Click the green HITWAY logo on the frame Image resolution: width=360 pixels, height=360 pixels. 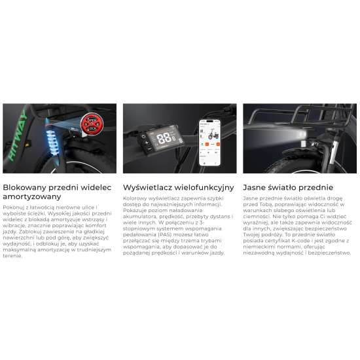18,135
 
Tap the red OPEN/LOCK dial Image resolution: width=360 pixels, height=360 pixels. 92,124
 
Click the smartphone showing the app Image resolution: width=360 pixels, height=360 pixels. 209,142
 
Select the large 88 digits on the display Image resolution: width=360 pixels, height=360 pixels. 164,138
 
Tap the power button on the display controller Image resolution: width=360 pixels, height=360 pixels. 143,136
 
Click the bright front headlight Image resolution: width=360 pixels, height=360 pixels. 302,135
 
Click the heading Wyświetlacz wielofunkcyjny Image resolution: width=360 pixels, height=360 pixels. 179,187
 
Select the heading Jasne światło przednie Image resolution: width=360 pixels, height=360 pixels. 288,187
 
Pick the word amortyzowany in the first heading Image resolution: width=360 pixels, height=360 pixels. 32,197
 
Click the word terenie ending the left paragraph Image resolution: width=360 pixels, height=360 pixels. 12,256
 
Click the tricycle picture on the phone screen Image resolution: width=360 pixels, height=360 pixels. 213,134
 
